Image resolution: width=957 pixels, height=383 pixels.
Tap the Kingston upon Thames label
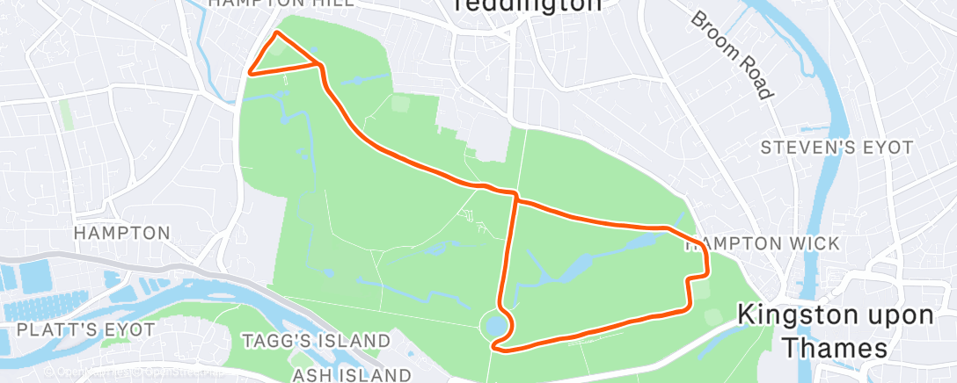[836, 330]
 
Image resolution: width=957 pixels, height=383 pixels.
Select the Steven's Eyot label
[837, 148]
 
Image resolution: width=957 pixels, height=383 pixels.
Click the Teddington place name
[528, 4]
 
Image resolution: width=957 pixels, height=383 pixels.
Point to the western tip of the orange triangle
[250, 74]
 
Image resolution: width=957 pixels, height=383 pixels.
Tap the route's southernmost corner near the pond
[498, 348]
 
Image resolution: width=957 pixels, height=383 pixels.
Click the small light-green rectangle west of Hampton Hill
[66, 114]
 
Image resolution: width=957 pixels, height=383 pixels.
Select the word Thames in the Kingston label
[836, 348]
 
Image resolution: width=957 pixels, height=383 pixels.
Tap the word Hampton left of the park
[121, 233]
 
